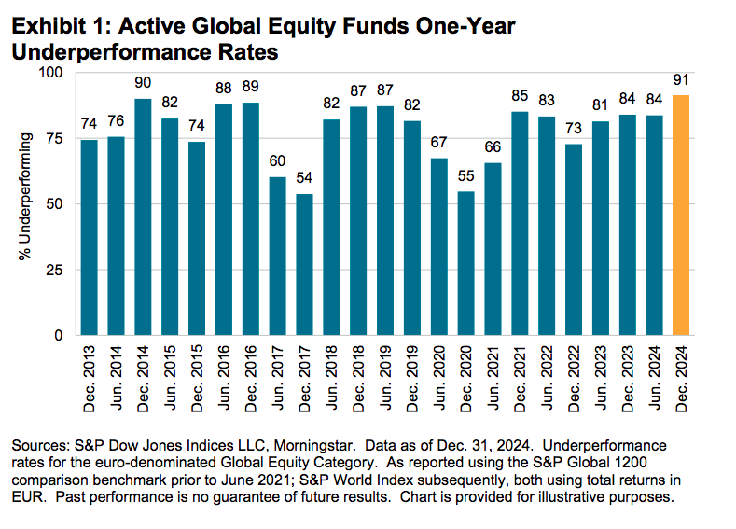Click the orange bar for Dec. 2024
(681, 215)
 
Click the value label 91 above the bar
(681, 80)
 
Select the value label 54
(305, 178)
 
